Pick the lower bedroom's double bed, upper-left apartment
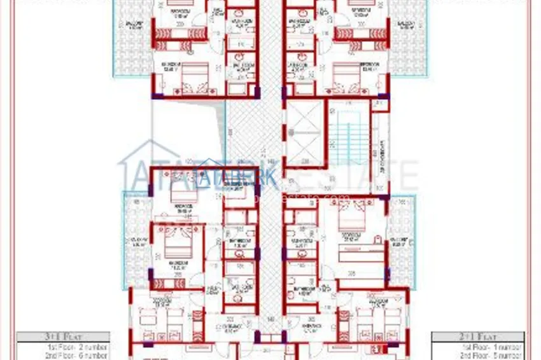tap(191, 79)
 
